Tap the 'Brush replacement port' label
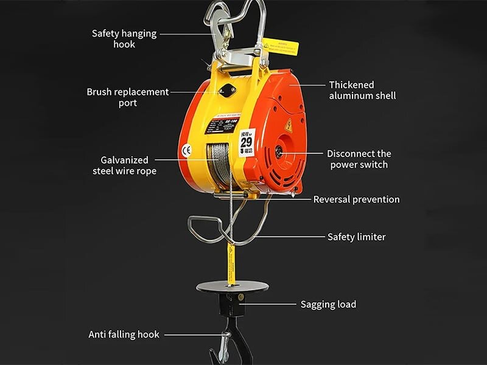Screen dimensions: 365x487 coord(127,97)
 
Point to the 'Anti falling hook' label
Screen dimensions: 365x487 coord(124,334)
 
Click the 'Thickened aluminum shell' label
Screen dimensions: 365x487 coord(362,90)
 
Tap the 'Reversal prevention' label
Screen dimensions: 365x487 coord(356,199)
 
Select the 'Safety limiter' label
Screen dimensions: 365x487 coord(356,237)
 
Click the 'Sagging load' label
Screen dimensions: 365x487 coord(328,304)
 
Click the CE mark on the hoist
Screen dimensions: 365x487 coord(187,150)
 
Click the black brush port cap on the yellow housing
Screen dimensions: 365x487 coord(228,91)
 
